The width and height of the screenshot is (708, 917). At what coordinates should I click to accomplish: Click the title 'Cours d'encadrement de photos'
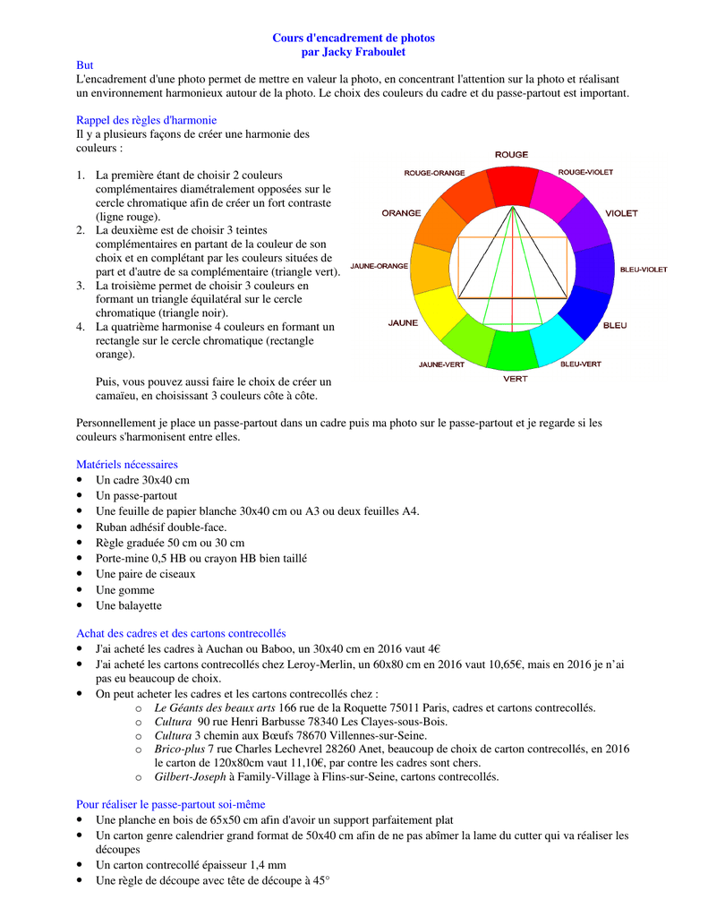tap(354, 39)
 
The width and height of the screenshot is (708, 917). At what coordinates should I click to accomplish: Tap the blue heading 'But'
tap(85, 66)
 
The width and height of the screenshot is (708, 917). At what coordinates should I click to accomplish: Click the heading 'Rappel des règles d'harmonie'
tap(146, 120)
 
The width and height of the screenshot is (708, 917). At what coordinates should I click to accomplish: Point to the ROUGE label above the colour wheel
tap(511, 154)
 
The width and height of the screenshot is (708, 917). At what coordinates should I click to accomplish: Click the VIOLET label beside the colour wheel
tap(621, 213)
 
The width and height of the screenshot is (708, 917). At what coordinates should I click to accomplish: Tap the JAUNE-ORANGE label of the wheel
tap(380, 265)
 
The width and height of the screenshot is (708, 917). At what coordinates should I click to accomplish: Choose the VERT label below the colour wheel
tap(515, 379)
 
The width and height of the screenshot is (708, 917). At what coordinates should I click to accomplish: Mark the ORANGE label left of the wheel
tap(401, 213)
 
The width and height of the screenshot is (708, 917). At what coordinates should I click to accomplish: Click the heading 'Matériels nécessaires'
tap(127, 465)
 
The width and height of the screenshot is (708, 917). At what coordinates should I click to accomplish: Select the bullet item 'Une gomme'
tap(124, 590)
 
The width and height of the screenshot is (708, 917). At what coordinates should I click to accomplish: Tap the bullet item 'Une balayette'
tap(129, 606)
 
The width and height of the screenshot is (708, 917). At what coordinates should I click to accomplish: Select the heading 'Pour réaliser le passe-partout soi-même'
tap(171, 805)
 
